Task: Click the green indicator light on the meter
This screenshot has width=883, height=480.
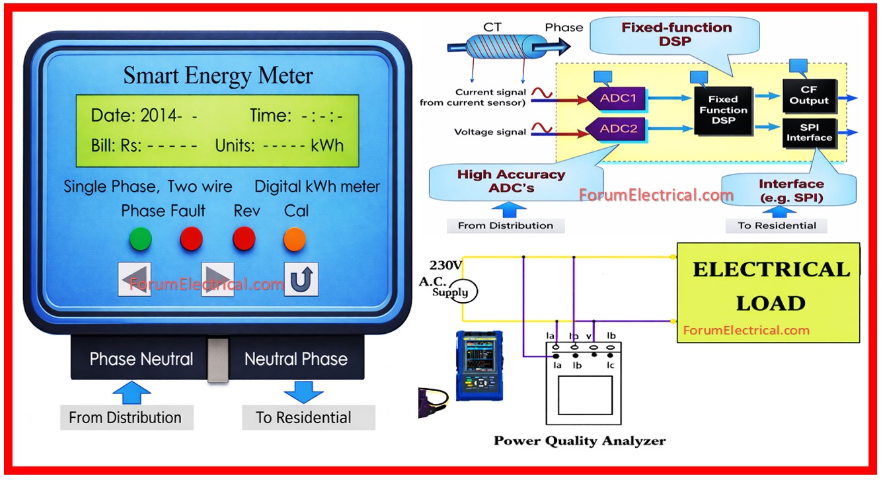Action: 140,239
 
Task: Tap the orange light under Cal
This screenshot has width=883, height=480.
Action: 294,239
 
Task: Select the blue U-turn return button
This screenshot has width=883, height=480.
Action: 301,279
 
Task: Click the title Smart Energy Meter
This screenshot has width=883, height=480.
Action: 217,75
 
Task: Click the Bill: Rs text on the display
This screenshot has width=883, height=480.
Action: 116,145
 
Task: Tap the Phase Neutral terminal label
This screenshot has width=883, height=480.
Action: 141,359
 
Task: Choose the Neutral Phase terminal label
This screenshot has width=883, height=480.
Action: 295,359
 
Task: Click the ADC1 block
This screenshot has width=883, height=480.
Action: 617,98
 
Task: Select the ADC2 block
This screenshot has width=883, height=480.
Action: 617,129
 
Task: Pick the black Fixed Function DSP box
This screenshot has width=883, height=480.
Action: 723,110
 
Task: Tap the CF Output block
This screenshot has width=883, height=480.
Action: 809,96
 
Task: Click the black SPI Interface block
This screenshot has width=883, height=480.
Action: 809,132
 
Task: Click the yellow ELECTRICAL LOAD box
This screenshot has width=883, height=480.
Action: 769,292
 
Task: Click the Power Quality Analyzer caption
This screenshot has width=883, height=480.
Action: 580,441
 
